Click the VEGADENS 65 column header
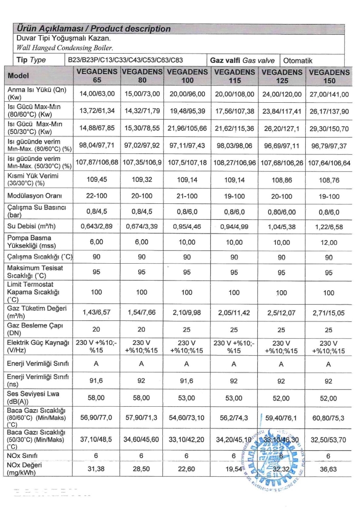coord(97,76)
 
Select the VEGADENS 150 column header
coord(329,76)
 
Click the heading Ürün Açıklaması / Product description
coord(94,29)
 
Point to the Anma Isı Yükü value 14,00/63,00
coord(97,94)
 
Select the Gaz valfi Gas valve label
coord(244,60)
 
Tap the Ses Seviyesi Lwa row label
coord(32,396)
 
